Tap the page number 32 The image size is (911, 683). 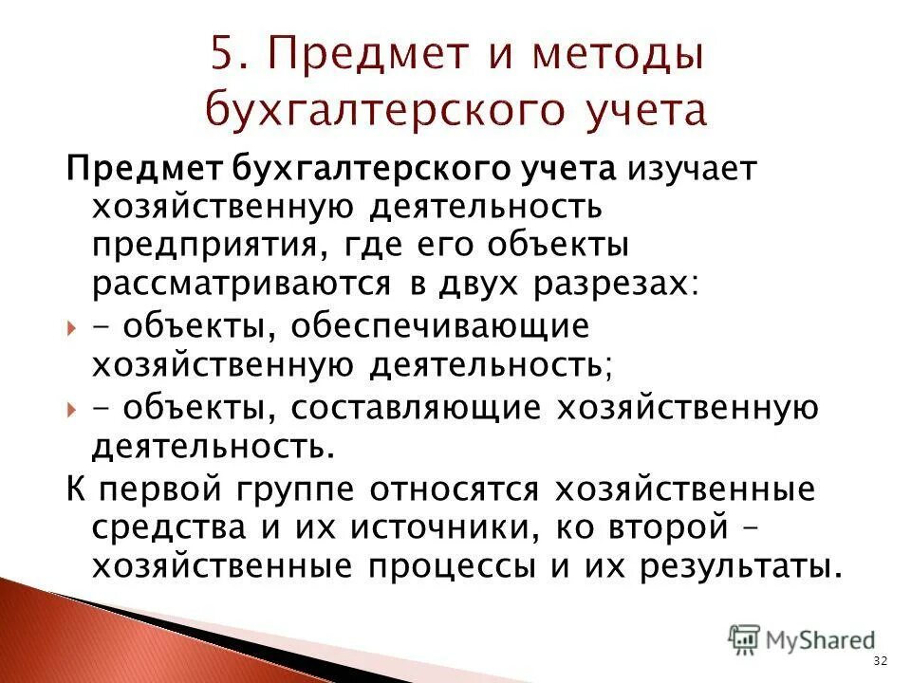pyautogui.click(x=879, y=661)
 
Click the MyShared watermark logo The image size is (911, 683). pyautogui.click(x=802, y=639)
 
